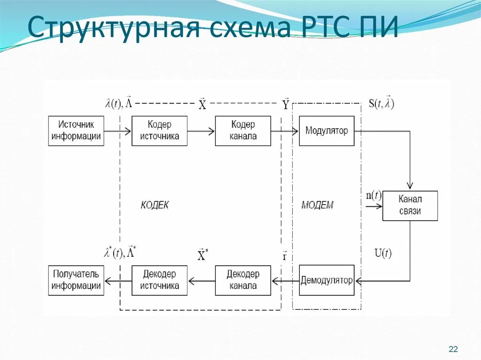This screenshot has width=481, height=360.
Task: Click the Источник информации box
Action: (x=76, y=131)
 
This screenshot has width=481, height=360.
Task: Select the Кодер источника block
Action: (x=159, y=131)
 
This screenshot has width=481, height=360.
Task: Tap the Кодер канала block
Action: (x=243, y=131)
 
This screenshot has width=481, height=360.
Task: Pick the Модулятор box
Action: (x=326, y=131)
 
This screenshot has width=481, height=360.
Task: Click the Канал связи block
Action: (x=410, y=206)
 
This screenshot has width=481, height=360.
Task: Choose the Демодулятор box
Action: (x=326, y=281)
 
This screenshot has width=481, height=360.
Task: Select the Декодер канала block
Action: (x=243, y=281)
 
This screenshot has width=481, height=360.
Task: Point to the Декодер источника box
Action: (x=159, y=281)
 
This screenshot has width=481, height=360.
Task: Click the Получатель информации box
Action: (x=76, y=281)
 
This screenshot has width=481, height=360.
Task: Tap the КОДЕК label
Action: (x=155, y=205)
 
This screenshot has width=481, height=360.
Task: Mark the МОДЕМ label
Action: (x=317, y=205)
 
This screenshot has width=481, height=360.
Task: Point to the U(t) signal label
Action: (x=382, y=253)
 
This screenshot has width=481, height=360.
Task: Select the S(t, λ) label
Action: (x=381, y=103)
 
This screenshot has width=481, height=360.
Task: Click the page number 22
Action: (x=453, y=349)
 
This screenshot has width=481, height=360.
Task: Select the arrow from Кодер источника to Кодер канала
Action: (x=201, y=131)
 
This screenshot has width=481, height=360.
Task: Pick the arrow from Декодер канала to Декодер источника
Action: (x=201, y=281)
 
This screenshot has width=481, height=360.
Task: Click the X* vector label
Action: (x=202, y=255)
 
